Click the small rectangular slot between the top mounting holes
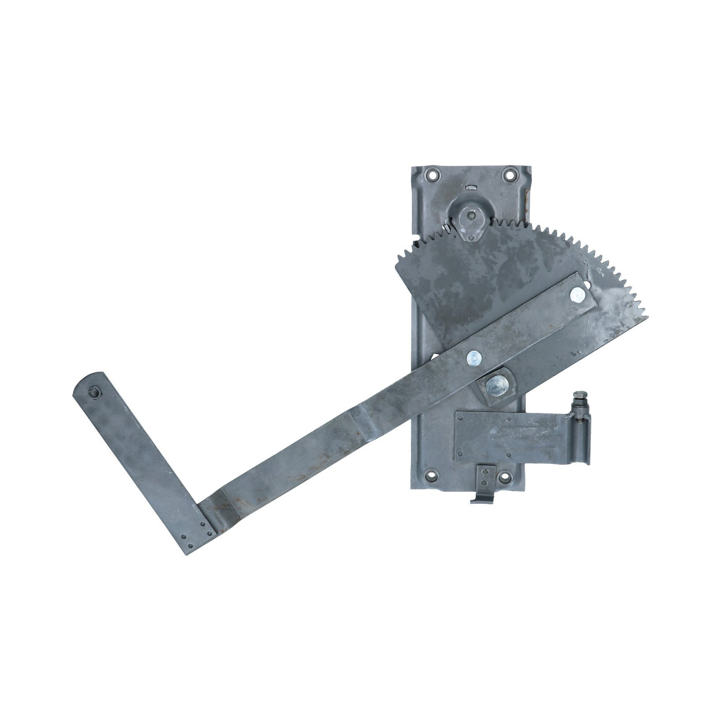pos(471,187)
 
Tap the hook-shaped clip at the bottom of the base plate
pos(483,495)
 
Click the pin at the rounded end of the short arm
pos(94,393)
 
